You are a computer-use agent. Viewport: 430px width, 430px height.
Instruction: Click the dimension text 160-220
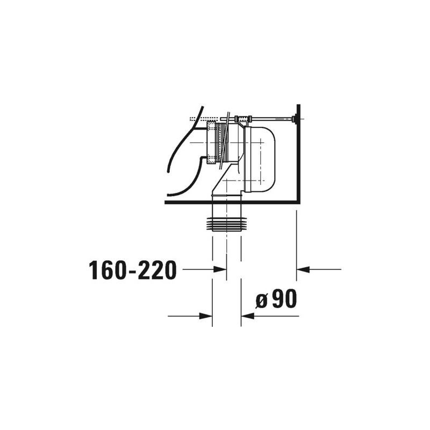[x=132, y=270]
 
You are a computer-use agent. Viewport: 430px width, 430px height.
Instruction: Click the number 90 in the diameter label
[x=285, y=299]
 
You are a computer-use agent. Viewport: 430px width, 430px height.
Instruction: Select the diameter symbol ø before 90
[x=261, y=301]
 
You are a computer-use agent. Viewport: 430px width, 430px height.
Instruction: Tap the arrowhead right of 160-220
[x=220, y=270]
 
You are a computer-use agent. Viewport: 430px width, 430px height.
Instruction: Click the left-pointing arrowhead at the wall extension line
[x=303, y=270]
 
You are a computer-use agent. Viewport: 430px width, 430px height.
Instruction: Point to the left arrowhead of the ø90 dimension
[x=206, y=316]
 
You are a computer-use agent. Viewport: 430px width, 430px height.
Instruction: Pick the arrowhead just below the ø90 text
[x=248, y=316]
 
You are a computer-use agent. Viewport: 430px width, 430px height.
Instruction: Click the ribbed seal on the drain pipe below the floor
[x=227, y=224]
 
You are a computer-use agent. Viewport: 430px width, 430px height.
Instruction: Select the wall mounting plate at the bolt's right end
[x=295, y=119]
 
